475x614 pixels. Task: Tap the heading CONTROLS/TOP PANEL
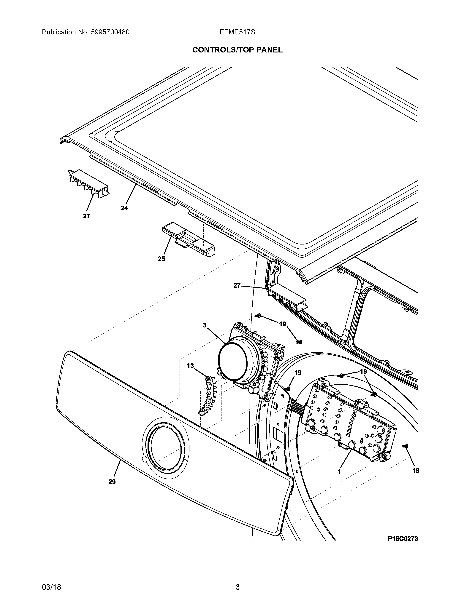pyautogui.click(x=237, y=50)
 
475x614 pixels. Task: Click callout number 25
pyautogui.click(x=161, y=259)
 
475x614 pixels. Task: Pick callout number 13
pyautogui.click(x=191, y=366)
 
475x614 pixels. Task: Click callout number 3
pyautogui.click(x=205, y=325)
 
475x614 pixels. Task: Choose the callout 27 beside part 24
pyautogui.click(x=86, y=216)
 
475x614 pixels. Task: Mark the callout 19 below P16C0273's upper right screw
pyautogui.click(x=416, y=471)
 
